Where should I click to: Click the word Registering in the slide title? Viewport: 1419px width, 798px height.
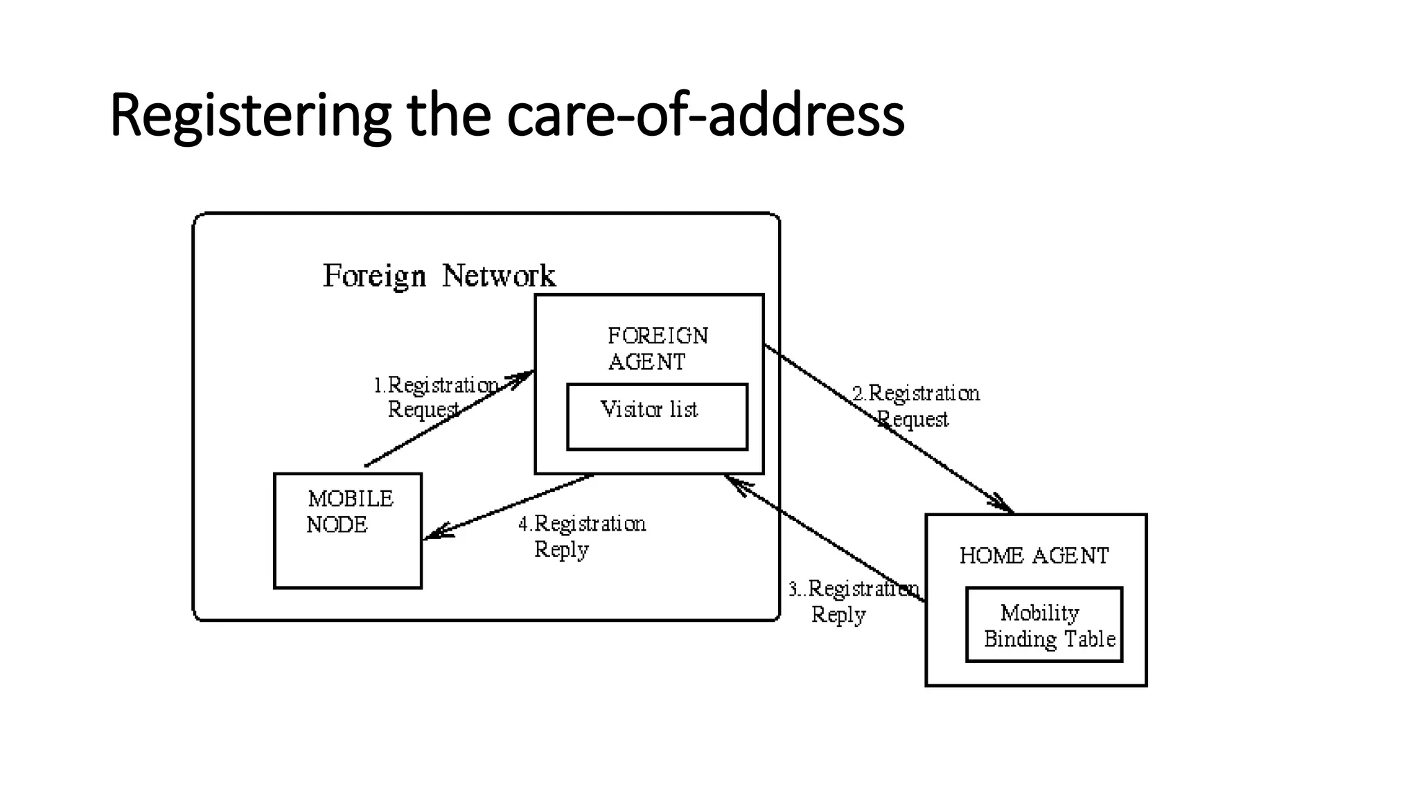pyautogui.click(x=250, y=116)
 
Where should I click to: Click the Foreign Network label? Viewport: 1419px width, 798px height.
pyautogui.click(x=439, y=276)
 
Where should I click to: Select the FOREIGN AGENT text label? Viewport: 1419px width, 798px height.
pyautogui.click(x=657, y=349)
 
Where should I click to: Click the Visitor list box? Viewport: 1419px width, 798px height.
pyautogui.click(x=657, y=417)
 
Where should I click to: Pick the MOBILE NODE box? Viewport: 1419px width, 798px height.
pyautogui.click(x=348, y=531)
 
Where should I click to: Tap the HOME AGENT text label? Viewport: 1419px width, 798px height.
pyautogui.click(x=1034, y=556)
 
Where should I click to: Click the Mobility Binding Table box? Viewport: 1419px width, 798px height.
pyautogui.click(x=1044, y=626)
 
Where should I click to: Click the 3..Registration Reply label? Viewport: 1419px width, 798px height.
pyautogui.click(x=852, y=601)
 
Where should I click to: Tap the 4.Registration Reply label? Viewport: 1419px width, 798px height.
pyautogui.click(x=582, y=536)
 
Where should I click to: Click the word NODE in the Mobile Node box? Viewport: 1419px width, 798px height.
pyautogui.click(x=337, y=525)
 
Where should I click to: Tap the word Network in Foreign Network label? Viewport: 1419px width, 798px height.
pyautogui.click(x=498, y=276)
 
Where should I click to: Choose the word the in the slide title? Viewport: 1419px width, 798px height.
pyautogui.click(x=449, y=116)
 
